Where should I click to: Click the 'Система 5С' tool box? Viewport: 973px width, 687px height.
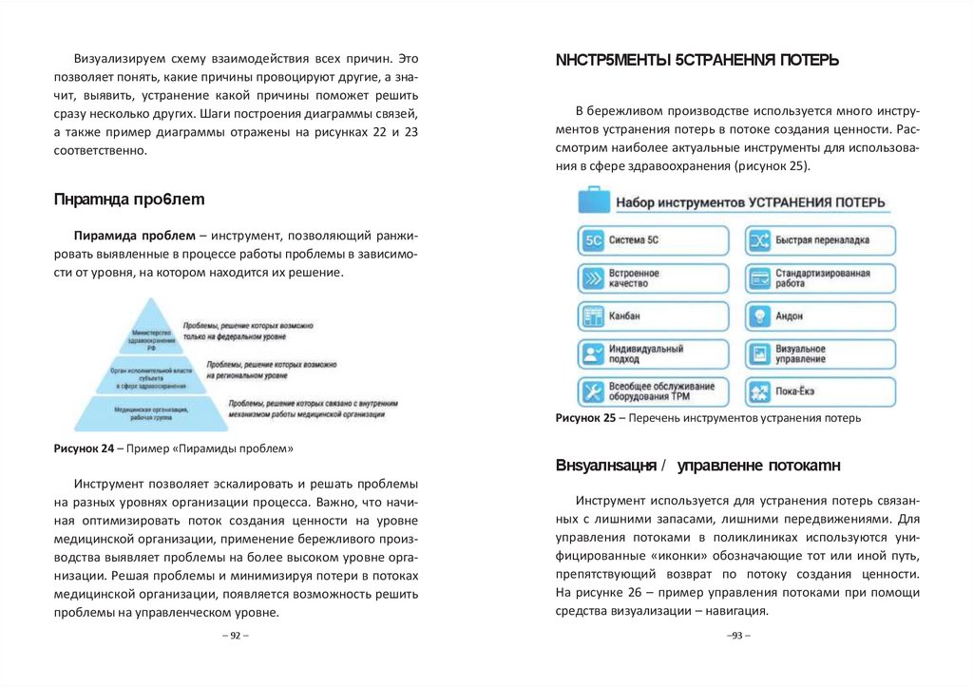click(x=654, y=240)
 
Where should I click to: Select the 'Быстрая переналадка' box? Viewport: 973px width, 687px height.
click(x=820, y=240)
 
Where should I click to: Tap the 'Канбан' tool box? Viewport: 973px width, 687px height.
click(x=654, y=316)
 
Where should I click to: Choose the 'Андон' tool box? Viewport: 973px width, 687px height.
click(x=820, y=316)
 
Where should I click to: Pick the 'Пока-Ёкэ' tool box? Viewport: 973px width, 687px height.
click(x=820, y=391)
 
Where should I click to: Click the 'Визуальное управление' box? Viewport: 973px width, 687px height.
click(x=820, y=354)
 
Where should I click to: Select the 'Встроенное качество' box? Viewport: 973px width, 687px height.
click(x=654, y=278)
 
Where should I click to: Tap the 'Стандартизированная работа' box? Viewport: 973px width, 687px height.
click(x=820, y=278)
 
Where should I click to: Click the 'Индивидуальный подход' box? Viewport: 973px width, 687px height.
click(x=654, y=354)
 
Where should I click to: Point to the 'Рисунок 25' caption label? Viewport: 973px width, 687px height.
click(x=585, y=418)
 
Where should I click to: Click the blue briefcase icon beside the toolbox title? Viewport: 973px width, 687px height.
click(x=594, y=202)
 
